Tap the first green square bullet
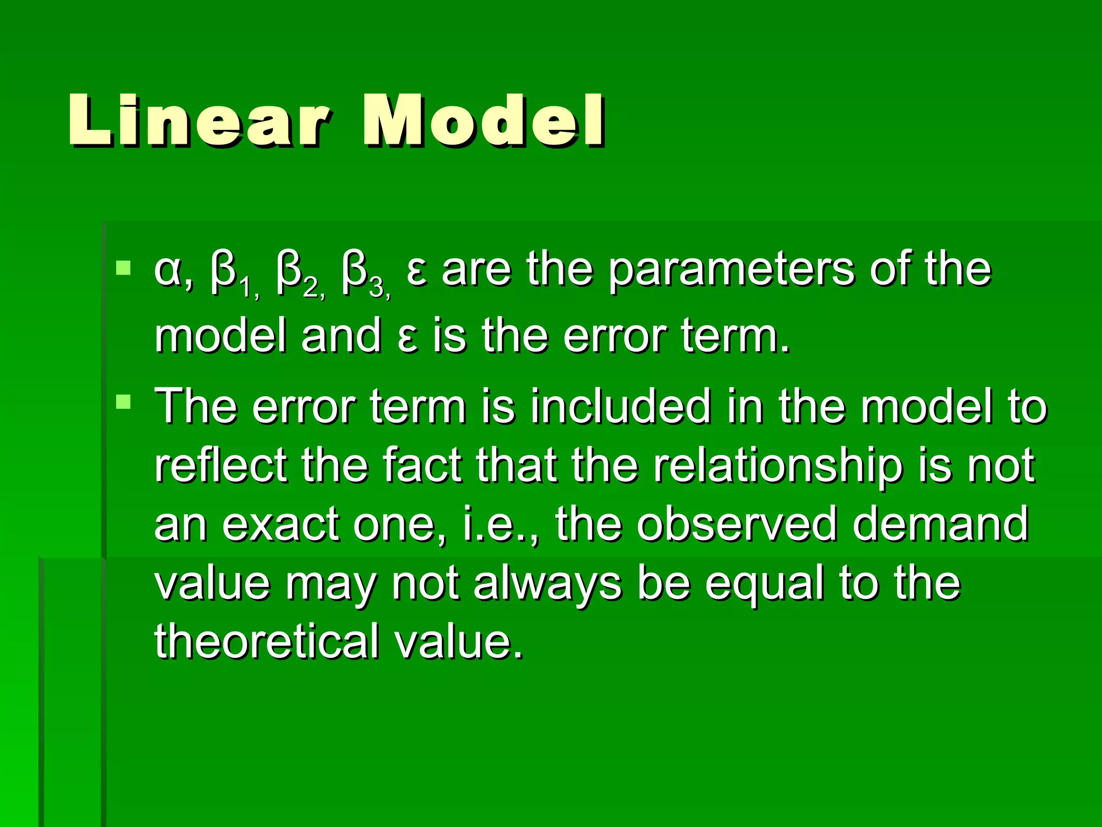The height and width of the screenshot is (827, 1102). tap(124, 268)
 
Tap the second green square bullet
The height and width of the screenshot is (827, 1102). tap(124, 402)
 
